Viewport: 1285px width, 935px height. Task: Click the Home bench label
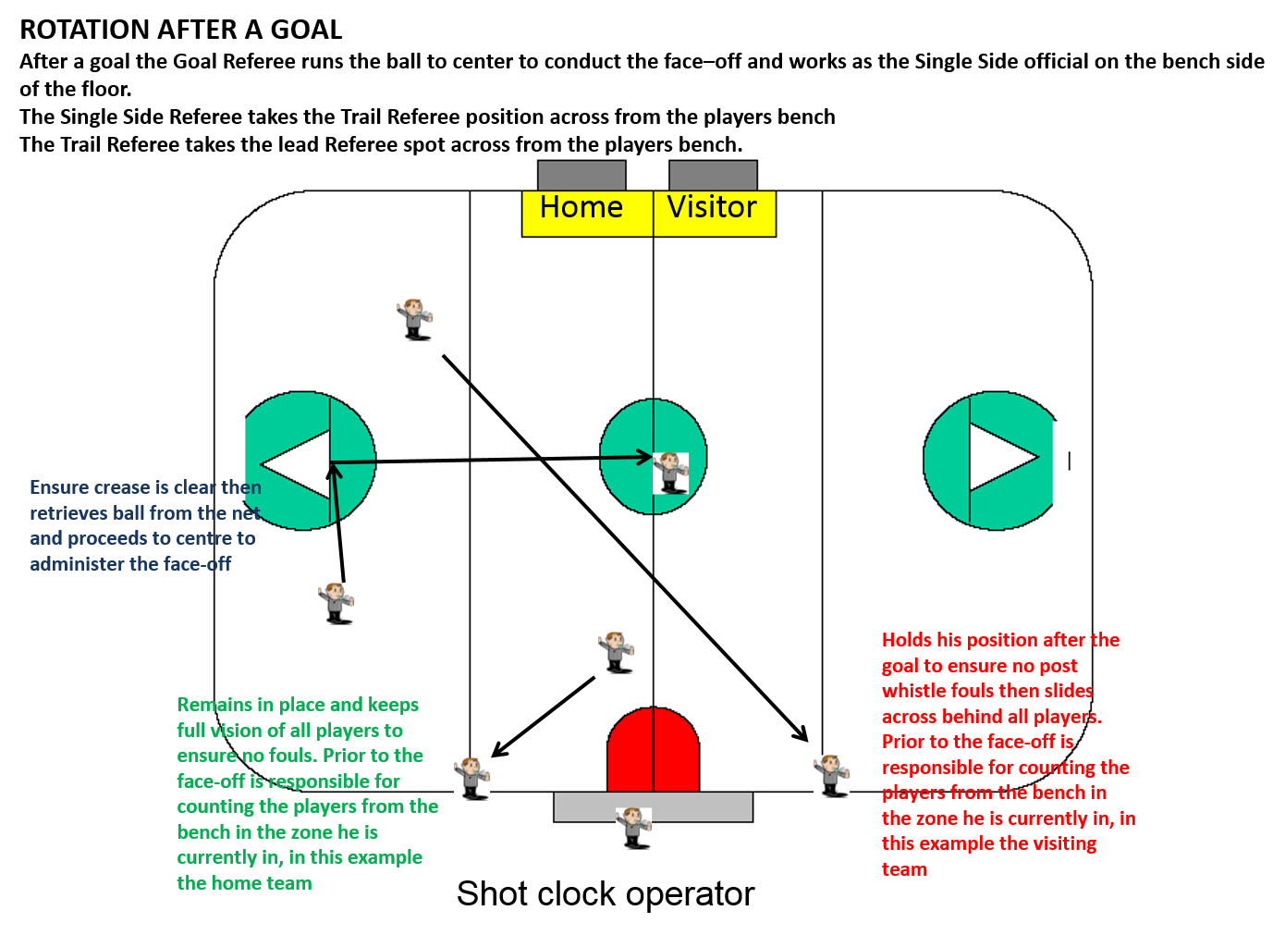(581, 208)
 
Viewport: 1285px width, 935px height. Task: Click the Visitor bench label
(712, 208)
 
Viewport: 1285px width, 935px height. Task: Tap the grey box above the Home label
(581, 175)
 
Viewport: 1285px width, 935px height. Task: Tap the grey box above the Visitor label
(713, 175)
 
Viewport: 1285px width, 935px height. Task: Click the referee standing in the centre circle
(671, 473)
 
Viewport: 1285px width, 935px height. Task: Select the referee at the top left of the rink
(415, 320)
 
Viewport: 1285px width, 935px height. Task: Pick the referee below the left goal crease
(337, 603)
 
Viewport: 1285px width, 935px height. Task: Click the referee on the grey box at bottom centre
(634, 828)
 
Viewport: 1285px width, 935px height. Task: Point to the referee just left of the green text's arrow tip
(472, 778)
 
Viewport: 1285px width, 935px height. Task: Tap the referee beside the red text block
(832, 775)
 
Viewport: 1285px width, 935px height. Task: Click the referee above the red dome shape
(617, 652)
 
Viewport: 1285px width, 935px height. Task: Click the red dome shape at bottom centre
(653, 751)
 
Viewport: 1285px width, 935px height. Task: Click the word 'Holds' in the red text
(907, 640)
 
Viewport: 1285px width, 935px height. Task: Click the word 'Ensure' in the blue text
(59, 487)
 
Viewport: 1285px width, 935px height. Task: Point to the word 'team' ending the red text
(904, 869)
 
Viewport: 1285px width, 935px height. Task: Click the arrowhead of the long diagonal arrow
(802, 736)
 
